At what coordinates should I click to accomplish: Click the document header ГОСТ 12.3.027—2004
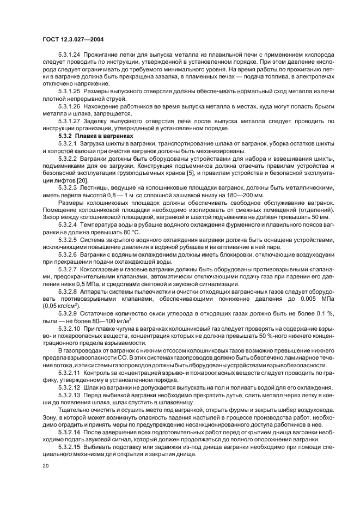coord(74,39)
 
